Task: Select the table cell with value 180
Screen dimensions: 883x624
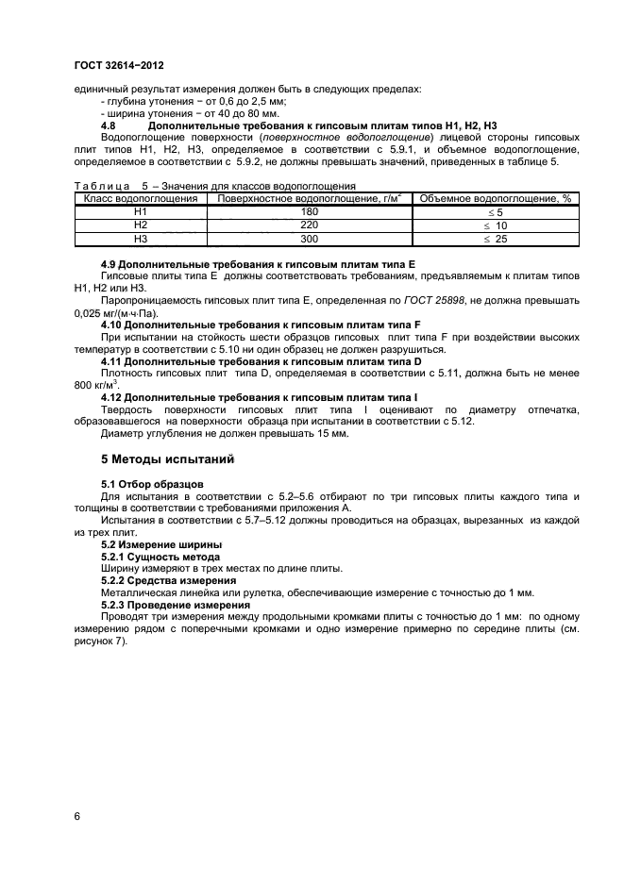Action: [308, 213]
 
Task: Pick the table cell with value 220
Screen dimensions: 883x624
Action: [308, 226]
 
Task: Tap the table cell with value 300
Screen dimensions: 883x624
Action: [308, 240]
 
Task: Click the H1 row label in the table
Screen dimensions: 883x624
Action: [141, 213]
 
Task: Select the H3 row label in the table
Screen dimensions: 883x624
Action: [141, 240]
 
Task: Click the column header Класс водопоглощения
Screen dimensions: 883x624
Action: [141, 199]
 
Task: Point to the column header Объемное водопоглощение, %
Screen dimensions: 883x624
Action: [496, 199]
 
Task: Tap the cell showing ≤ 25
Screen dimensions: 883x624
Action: [496, 240]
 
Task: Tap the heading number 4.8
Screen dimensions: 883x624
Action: [108, 126]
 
